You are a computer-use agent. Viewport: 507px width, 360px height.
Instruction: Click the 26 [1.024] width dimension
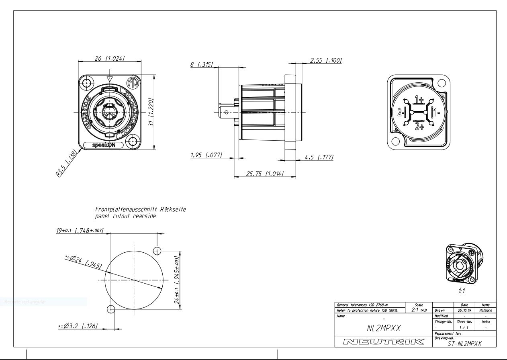tap(109, 58)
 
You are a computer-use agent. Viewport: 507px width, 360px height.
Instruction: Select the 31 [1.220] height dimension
tap(151, 112)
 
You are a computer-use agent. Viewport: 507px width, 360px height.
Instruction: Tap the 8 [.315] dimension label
tap(201, 65)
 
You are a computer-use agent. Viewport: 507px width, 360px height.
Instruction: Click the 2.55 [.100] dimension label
tap(325, 60)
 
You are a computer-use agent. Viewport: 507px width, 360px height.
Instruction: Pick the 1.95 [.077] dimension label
tap(206, 155)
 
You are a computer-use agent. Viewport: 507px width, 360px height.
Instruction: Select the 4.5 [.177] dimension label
tap(319, 157)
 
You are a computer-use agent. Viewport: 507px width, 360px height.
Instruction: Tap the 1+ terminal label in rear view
tap(419, 100)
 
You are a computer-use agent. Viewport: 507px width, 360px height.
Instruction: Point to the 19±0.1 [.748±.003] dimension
tap(80, 231)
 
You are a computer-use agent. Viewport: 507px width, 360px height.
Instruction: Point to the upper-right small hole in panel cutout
tap(157, 251)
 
